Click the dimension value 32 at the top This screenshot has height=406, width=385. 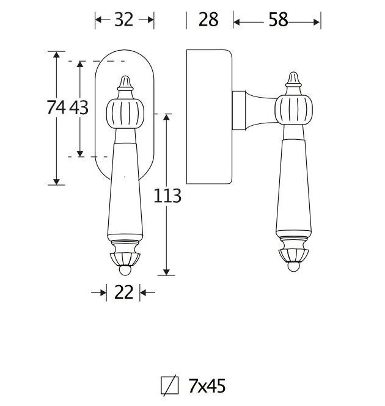click(x=124, y=20)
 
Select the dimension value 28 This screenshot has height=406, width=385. click(x=208, y=20)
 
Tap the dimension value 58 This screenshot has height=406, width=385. click(x=277, y=20)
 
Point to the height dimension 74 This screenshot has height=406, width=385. click(x=56, y=108)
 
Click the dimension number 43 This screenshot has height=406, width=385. click(x=79, y=108)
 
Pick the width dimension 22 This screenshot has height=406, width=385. click(x=123, y=293)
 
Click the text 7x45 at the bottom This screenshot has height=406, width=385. click(x=207, y=386)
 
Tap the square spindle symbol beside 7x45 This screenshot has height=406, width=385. click(x=169, y=386)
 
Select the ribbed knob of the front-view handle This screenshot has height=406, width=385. click(x=125, y=112)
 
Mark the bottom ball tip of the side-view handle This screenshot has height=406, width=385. click(x=294, y=266)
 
